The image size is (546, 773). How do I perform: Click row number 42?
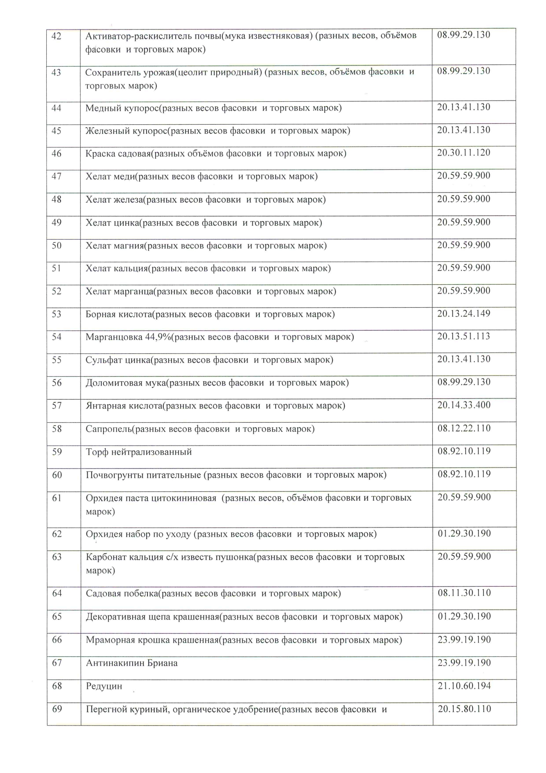[x=56, y=36]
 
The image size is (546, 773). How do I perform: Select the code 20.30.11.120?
[x=464, y=153]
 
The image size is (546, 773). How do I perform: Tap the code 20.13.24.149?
[x=464, y=313]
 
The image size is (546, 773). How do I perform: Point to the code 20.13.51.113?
[x=464, y=336]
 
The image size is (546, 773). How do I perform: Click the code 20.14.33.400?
[x=464, y=405]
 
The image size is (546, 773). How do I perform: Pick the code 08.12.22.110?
[x=464, y=428]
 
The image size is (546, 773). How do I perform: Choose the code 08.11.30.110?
[x=464, y=593]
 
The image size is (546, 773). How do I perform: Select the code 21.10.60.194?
[x=464, y=686]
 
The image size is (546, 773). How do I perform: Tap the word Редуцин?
[x=104, y=686]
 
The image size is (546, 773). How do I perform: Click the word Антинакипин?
[x=115, y=663]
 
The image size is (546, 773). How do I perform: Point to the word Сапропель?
[x=109, y=429]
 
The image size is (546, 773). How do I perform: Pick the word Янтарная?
[x=104, y=405]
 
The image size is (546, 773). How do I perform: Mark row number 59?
[x=57, y=452]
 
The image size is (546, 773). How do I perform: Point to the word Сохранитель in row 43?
[x=112, y=72]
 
